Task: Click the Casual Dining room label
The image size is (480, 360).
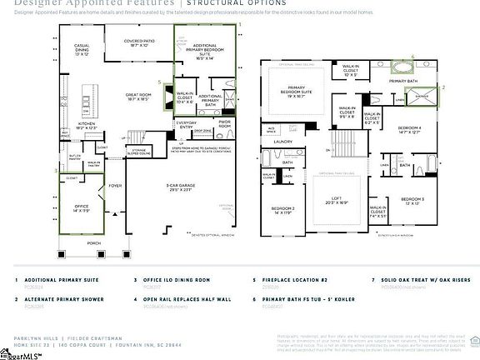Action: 82,49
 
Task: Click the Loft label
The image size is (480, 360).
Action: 329,202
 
